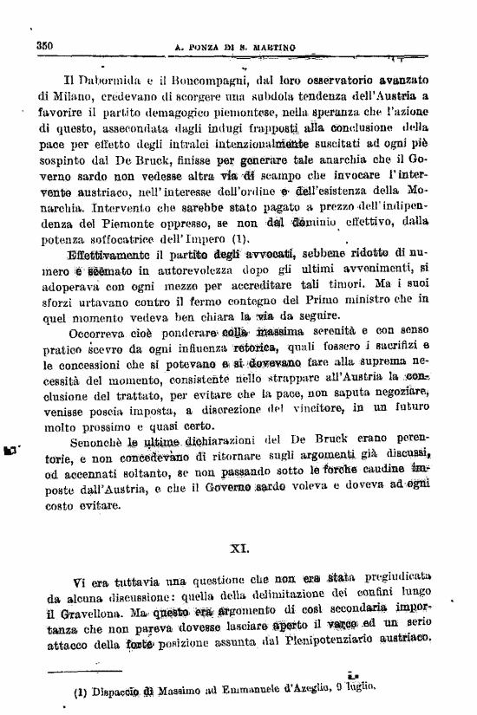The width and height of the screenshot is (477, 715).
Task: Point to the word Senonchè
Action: [x=100, y=443]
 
